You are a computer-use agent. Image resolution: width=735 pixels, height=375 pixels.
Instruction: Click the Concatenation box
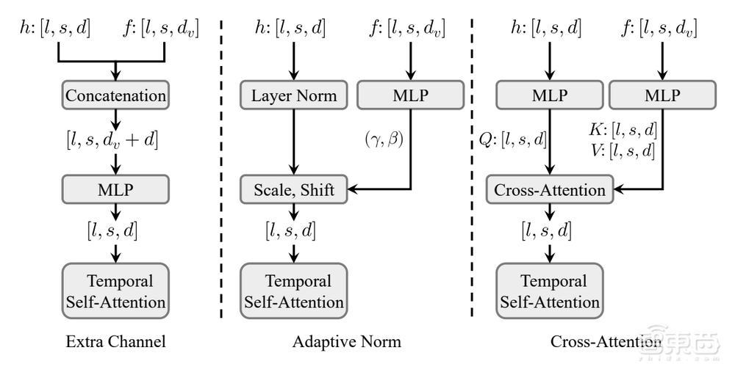coord(115,95)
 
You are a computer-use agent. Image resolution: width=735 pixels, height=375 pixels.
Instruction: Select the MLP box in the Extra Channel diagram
coord(115,190)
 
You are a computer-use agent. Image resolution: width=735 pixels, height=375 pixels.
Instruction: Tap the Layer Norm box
coord(294,95)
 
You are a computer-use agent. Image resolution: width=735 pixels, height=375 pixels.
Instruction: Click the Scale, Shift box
coord(294,190)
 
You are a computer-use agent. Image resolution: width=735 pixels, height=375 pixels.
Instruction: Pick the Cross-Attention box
coord(550,190)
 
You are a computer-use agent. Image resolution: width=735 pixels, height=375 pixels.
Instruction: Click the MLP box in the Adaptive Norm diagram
coord(410,95)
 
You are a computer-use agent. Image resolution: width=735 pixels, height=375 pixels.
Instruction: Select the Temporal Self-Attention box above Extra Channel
coord(115,291)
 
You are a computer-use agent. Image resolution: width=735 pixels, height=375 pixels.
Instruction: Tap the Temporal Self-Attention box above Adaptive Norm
coord(294,291)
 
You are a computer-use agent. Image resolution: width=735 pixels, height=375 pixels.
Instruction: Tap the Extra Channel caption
coord(115,342)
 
